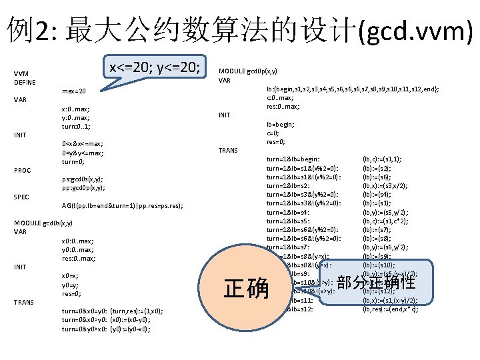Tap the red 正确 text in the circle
pyautogui.click(x=246, y=289)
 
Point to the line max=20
pyautogui.click(x=73, y=91)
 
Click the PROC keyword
pyautogui.click(x=23, y=171)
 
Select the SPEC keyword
pyautogui.click(x=23, y=197)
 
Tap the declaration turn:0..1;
pyautogui.click(x=76, y=126)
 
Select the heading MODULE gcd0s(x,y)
pyautogui.click(x=43, y=223)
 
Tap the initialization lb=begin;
pyautogui.click(x=281, y=124)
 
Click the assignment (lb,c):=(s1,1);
pyautogui.click(x=381, y=159)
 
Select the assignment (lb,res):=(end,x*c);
pyautogui.click(x=390, y=309)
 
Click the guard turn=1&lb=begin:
pyautogui.click(x=293, y=159)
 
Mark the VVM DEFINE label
pyautogui.click(x=25, y=77)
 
